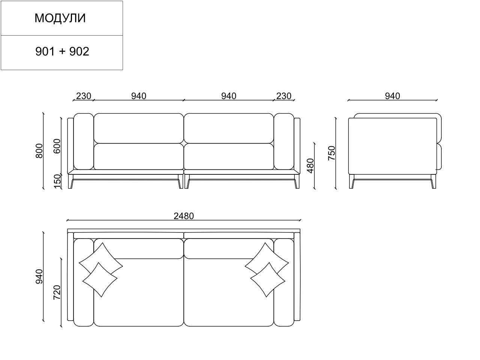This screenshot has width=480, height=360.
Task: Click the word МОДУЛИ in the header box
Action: [60, 18]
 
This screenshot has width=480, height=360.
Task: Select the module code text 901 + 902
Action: [62, 52]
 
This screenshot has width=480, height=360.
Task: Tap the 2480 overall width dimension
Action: [184, 216]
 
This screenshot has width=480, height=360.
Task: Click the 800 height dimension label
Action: [39, 151]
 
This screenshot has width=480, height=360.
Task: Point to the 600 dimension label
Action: [57, 146]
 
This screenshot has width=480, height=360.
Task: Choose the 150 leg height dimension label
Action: [57, 181]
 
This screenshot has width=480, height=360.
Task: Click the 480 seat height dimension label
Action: [311, 166]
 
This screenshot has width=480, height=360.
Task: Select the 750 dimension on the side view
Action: [332, 153]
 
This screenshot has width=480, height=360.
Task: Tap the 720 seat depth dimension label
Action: [57, 292]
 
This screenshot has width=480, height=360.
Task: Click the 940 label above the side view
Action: [392, 96]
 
